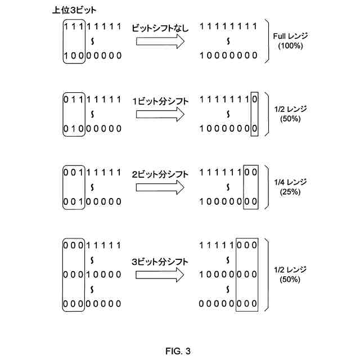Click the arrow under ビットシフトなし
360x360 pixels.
[160, 41]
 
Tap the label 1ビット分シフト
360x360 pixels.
[160, 101]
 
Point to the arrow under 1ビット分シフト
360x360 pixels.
[160, 115]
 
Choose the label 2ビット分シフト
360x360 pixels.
[160, 174]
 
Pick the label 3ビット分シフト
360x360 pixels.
[160, 262]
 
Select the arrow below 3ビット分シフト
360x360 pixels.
[160, 275]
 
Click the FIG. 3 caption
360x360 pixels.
[178, 352]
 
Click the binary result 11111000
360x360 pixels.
[229, 246]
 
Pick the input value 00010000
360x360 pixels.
[93, 274]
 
